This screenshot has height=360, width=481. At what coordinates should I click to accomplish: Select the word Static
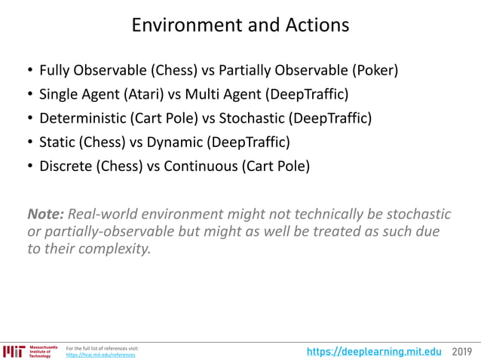pyautogui.click(x=57, y=142)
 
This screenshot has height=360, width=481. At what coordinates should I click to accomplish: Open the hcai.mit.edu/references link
pyautogui.click(x=101, y=355)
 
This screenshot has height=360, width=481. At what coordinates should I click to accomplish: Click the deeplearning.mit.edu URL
pyautogui.click(x=374, y=351)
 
